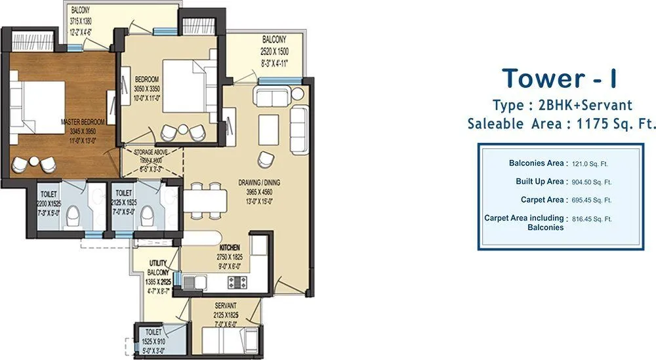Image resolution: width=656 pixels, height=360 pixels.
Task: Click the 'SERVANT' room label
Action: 226,306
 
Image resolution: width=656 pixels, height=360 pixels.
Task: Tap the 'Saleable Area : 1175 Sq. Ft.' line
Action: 561,124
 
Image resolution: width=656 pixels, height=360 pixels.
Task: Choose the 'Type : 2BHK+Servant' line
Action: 562,105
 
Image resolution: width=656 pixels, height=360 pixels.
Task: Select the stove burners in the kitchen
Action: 236,282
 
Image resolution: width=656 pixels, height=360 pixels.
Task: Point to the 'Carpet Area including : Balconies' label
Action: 526,222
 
